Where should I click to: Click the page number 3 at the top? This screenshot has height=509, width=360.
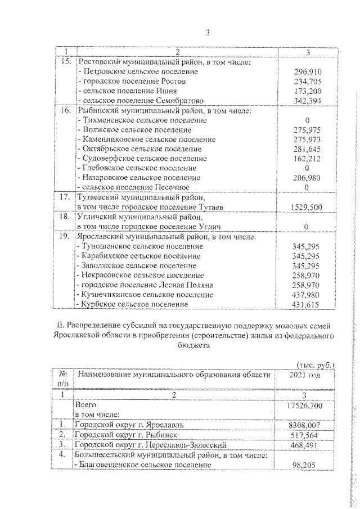207,33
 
